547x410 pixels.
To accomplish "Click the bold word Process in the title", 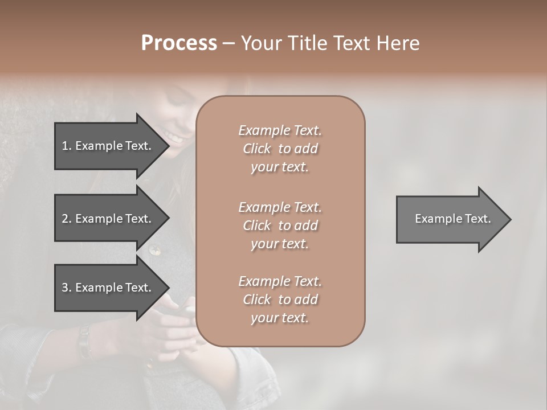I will click(x=179, y=43).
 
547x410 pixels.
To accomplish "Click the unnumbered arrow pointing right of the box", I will click(x=450, y=219).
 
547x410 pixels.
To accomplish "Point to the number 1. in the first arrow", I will click(x=67, y=146).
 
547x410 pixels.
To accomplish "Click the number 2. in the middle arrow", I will click(x=67, y=219).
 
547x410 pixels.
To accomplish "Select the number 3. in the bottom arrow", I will click(x=67, y=288).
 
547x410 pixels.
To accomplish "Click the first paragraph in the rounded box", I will click(x=280, y=149).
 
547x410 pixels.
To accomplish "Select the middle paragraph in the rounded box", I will click(x=280, y=225).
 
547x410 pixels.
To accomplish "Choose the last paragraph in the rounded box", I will click(x=280, y=300).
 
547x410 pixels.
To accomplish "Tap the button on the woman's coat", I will click(x=154, y=249).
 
